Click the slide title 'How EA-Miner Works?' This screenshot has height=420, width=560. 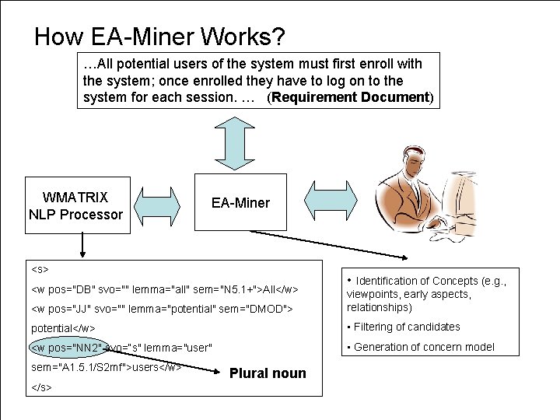159,36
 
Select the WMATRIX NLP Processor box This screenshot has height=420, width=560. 75,205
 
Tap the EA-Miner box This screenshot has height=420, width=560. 240,203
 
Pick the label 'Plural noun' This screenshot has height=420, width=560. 268,374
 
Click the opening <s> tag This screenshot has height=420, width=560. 40,269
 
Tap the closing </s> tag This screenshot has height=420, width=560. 42,387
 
